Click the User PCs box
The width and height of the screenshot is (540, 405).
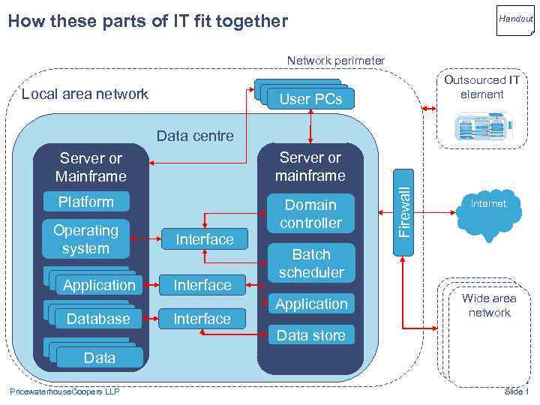click(x=310, y=98)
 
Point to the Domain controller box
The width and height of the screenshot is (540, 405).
click(x=310, y=214)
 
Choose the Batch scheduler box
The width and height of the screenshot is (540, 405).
click(x=310, y=263)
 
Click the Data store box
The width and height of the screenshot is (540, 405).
click(x=310, y=335)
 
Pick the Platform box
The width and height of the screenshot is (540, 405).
click(x=86, y=202)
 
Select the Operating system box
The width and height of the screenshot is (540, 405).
click(x=85, y=238)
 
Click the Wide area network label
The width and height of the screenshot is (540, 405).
click(x=489, y=305)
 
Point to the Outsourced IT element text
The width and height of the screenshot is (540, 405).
click(x=482, y=87)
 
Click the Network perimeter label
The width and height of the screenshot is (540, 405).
click(x=336, y=61)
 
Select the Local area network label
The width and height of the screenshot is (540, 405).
click(x=85, y=94)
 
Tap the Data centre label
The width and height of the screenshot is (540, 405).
click(x=195, y=136)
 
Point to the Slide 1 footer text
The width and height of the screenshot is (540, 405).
click(x=517, y=391)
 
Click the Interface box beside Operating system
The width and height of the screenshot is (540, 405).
click(x=204, y=238)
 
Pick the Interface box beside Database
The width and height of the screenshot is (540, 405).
click(x=202, y=319)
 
